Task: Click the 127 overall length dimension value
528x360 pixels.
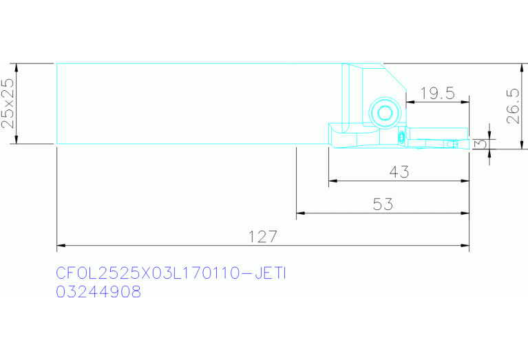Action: [x=263, y=237]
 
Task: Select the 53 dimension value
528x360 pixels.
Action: [x=383, y=204]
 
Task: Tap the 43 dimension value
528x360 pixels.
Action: [x=399, y=172]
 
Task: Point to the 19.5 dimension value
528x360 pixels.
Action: [x=437, y=94]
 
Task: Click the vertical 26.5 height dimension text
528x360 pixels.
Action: [x=513, y=106]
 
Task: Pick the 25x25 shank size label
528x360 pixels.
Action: [x=8, y=103]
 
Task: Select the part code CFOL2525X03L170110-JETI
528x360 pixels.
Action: [x=171, y=273]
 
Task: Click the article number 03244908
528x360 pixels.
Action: [x=98, y=292]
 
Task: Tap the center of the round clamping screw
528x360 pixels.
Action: [x=386, y=113]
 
